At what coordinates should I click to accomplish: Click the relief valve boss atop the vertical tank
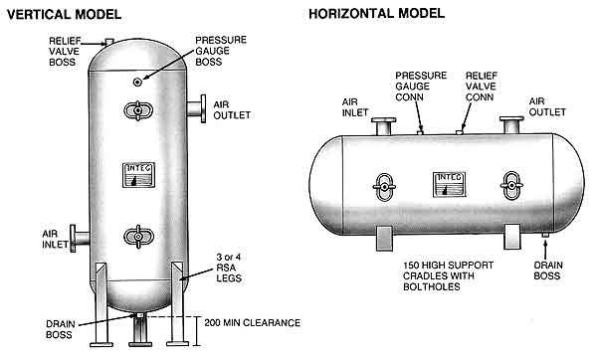tap(107, 43)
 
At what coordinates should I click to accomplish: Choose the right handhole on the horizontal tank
tap(510, 183)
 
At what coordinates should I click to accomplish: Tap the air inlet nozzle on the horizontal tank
tap(381, 125)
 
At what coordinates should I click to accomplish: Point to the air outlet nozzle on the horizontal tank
tap(511, 125)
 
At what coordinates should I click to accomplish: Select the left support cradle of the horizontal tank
tap(384, 238)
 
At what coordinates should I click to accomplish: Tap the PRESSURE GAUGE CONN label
tap(420, 87)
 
